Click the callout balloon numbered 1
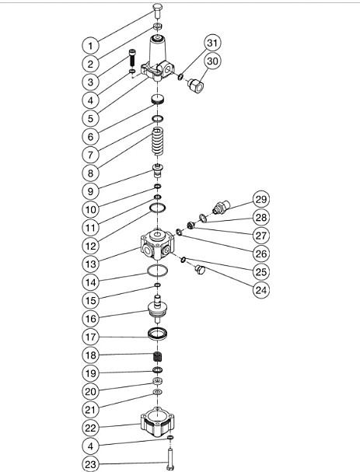[x=91, y=46]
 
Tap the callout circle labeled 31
[x=212, y=43]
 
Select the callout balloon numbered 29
[x=261, y=199]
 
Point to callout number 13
[x=91, y=264]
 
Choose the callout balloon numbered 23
[x=91, y=464]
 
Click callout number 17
[x=91, y=337]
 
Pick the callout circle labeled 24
[x=261, y=290]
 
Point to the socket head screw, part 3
[x=132, y=58]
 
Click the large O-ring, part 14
[x=158, y=271]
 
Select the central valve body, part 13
[x=157, y=244]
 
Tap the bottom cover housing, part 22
[x=157, y=423]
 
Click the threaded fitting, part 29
[x=221, y=207]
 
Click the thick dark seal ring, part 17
[x=158, y=334]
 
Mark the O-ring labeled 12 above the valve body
[x=158, y=208]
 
